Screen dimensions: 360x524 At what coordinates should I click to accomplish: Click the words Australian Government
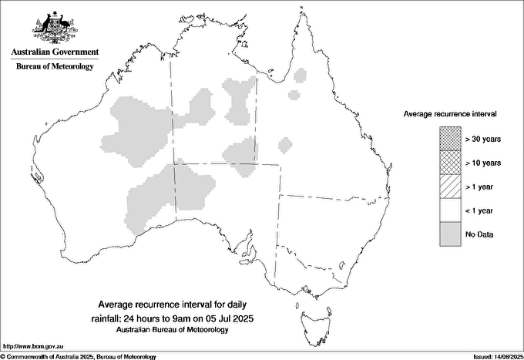pyautogui.click(x=55, y=52)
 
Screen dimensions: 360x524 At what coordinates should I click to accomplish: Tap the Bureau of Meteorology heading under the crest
pyautogui.click(x=55, y=66)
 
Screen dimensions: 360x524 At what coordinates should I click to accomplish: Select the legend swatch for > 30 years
pyautogui.click(x=451, y=139)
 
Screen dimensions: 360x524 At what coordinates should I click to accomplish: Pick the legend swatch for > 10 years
pyautogui.click(x=451, y=163)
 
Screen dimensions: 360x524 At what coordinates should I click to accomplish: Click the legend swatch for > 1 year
pyautogui.click(x=451, y=187)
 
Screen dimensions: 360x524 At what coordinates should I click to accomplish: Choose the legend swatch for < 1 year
pyautogui.click(x=451, y=210)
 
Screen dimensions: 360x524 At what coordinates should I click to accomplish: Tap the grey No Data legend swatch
pyautogui.click(x=451, y=234)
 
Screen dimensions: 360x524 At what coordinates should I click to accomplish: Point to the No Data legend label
pyautogui.click(x=479, y=234)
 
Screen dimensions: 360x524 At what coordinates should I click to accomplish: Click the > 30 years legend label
pyautogui.click(x=483, y=139)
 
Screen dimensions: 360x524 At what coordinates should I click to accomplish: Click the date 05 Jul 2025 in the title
pyautogui.click(x=229, y=318)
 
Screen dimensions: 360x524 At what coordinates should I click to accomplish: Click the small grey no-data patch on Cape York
pyautogui.click(x=301, y=76)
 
